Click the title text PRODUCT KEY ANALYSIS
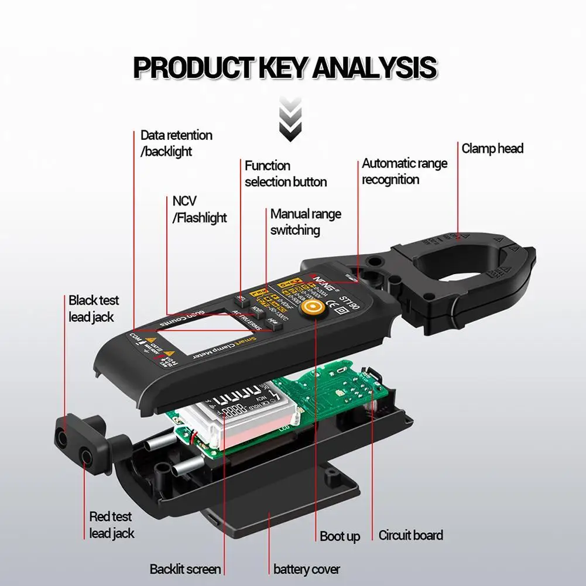[x=285, y=68]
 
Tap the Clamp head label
[x=492, y=149]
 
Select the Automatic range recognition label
[x=404, y=172]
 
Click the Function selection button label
[x=286, y=174]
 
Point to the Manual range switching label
[x=305, y=222]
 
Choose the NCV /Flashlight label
[x=199, y=210]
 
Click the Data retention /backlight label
[x=176, y=143]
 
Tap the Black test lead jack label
[x=94, y=309]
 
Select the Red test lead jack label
[x=111, y=525]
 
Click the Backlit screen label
[x=185, y=569]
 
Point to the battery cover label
[x=306, y=569]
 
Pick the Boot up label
[x=340, y=536]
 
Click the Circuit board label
[x=410, y=535]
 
